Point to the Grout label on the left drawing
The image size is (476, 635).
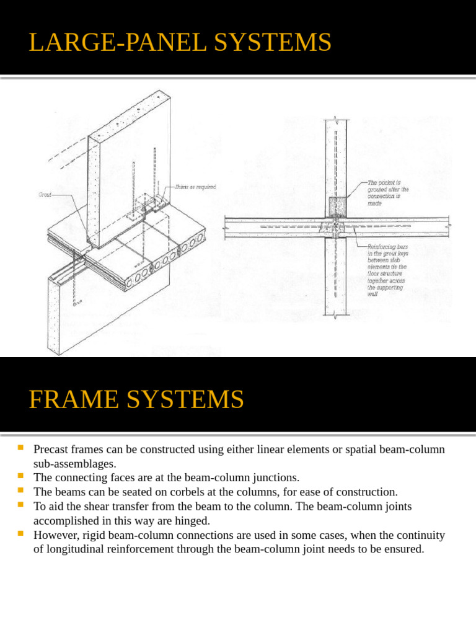point(46,194)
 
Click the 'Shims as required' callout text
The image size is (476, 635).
point(195,187)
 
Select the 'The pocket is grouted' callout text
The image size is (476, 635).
point(387,193)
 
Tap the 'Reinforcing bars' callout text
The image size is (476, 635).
point(387,269)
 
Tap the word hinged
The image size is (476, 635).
point(192,520)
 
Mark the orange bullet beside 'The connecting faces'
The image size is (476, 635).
point(21,476)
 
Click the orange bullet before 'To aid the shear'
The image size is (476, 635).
point(21,505)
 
